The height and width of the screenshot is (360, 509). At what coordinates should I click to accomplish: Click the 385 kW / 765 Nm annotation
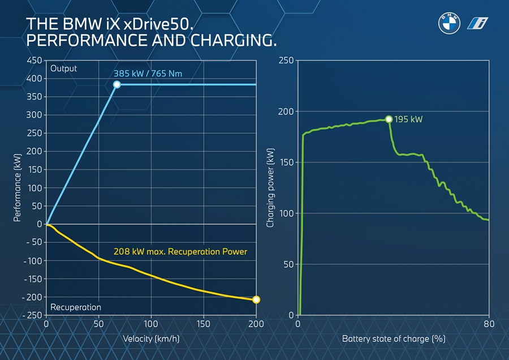pyautogui.click(x=148, y=74)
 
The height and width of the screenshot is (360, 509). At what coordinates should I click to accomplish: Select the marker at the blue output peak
pyautogui.click(x=117, y=84)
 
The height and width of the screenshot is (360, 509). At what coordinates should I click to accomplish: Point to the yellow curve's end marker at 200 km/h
pyautogui.click(x=256, y=299)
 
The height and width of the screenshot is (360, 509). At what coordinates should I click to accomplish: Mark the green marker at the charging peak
pyautogui.click(x=389, y=119)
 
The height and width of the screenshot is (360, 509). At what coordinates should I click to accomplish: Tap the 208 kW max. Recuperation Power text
pyautogui.click(x=180, y=251)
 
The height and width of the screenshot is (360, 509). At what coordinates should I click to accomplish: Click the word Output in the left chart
pyautogui.click(x=63, y=68)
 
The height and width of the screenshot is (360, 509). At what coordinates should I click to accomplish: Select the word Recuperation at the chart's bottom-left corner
pyautogui.click(x=76, y=307)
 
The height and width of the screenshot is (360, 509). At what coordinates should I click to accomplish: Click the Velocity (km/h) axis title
pyautogui.click(x=151, y=338)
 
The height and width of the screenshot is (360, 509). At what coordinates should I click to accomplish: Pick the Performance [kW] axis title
pyautogui.click(x=18, y=187)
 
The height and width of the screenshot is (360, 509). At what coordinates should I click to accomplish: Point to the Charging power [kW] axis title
pyautogui.click(x=270, y=188)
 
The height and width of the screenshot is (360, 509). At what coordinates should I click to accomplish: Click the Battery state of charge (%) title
pyautogui.click(x=394, y=338)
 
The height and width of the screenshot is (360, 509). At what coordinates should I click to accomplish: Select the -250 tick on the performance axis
pyautogui.click(x=32, y=315)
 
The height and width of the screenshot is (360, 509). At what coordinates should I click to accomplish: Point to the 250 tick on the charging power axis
pyautogui.click(x=286, y=60)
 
